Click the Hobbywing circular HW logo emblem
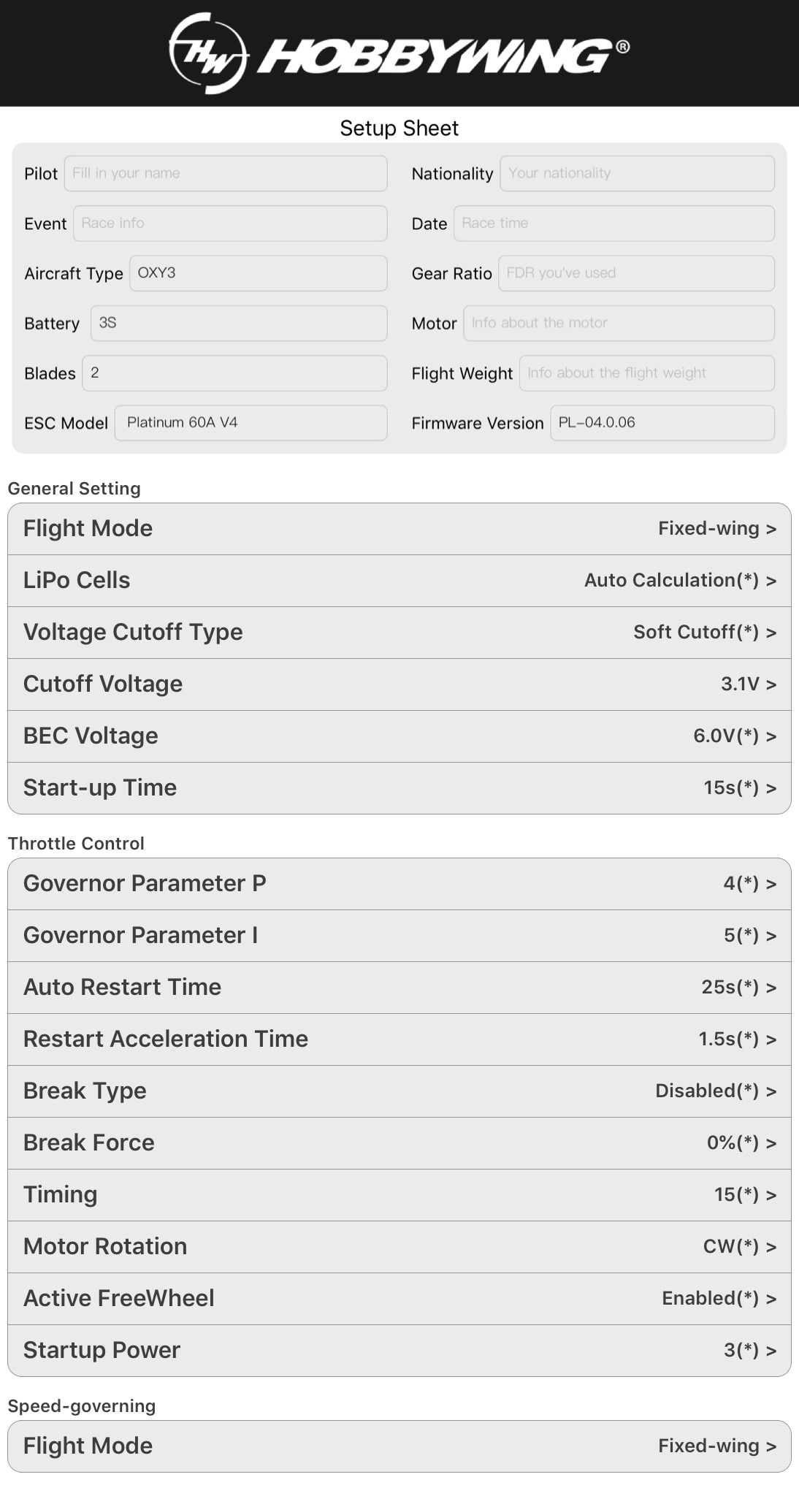[x=207, y=53]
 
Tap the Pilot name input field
[x=226, y=174]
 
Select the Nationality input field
[x=637, y=174]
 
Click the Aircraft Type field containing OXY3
[x=258, y=273]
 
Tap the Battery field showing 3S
[x=239, y=323]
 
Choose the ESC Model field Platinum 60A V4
[x=251, y=423]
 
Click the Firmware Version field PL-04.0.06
[x=662, y=423]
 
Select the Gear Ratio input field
[x=636, y=273]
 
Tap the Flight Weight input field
[x=646, y=373]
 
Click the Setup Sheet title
[x=399, y=129]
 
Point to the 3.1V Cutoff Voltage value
[x=740, y=684]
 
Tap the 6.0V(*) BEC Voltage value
[x=726, y=736]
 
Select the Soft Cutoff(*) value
[x=696, y=633]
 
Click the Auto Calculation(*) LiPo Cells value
[x=671, y=581]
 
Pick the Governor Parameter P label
[x=145, y=884]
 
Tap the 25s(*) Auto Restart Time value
[x=730, y=988]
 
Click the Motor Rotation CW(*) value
[x=730, y=1247]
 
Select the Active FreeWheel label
[x=119, y=1299]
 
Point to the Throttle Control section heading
[x=76, y=844]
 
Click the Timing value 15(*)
[x=736, y=1195]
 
